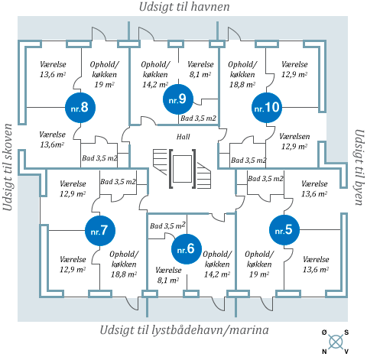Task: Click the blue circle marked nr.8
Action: point(80,108)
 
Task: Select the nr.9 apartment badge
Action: point(178,99)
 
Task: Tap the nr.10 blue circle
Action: point(267,108)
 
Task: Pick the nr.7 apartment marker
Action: point(100,231)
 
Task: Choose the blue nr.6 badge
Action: point(187,249)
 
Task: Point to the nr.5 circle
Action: point(284,230)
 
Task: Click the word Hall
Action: point(183,137)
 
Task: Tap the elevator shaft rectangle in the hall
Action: point(182,169)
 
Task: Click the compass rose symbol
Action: point(336,342)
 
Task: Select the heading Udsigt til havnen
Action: point(184,7)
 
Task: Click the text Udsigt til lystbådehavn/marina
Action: point(184,330)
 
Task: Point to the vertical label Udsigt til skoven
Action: point(8,167)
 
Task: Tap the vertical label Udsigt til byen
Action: point(359,167)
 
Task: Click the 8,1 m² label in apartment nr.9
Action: point(200,74)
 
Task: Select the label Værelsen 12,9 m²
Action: point(294,141)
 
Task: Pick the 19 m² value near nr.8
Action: point(104,84)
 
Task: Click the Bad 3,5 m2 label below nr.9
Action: point(198,118)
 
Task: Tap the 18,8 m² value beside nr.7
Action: point(124,274)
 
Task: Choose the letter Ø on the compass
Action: point(324,332)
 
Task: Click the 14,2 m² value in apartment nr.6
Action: point(217,274)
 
